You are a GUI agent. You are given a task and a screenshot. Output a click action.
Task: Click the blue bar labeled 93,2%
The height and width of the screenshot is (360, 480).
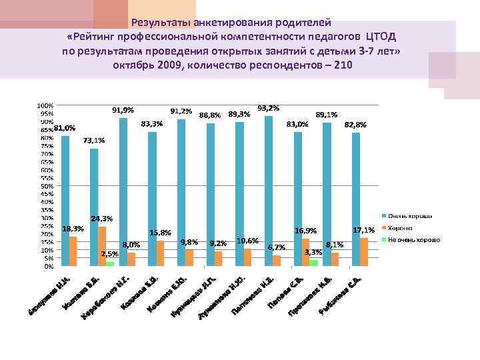[x=269, y=191]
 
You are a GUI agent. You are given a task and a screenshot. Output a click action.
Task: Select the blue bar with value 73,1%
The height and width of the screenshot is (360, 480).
[x=94, y=207]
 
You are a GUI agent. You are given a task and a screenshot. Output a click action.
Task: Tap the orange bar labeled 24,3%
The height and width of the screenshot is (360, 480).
[x=102, y=246]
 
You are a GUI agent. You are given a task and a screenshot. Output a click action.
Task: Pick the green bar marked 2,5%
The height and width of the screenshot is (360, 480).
[x=110, y=263]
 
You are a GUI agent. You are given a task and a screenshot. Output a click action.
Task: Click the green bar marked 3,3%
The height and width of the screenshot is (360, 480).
[x=313, y=263]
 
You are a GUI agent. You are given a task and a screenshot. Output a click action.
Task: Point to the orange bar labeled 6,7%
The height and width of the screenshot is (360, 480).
[x=277, y=261]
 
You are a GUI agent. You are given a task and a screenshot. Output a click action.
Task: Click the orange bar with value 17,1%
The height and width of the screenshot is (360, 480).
[x=364, y=252]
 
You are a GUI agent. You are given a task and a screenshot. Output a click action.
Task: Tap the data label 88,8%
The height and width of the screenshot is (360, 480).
[x=210, y=115]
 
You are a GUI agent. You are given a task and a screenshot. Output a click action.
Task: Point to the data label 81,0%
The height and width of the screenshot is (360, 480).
[x=65, y=128]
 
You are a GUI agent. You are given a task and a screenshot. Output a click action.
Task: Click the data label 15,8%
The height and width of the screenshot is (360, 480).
[x=161, y=233]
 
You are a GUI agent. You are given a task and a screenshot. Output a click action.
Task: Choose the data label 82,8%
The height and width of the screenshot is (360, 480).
[x=355, y=125]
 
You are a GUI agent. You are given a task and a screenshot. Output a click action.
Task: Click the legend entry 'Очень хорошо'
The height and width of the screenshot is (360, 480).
[x=409, y=216]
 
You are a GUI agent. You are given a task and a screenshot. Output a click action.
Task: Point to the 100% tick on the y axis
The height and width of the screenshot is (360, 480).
[x=45, y=105]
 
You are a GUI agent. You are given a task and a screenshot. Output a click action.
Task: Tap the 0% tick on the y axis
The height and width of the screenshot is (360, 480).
[x=49, y=266]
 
